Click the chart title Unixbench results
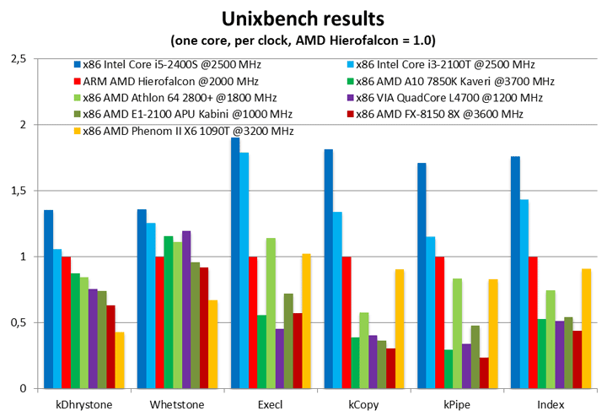pyautogui.click(x=304, y=19)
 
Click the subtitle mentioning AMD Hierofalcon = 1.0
pyautogui.click(x=304, y=41)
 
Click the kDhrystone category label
pyautogui.click(x=83, y=404)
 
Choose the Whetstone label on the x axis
pyautogui.click(x=177, y=404)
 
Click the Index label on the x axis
pyautogui.click(x=550, y=404)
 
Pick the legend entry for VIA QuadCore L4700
pyautogui.click(x=454, y=98)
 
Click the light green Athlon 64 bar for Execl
pyautogui.click(x=271, y=313)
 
